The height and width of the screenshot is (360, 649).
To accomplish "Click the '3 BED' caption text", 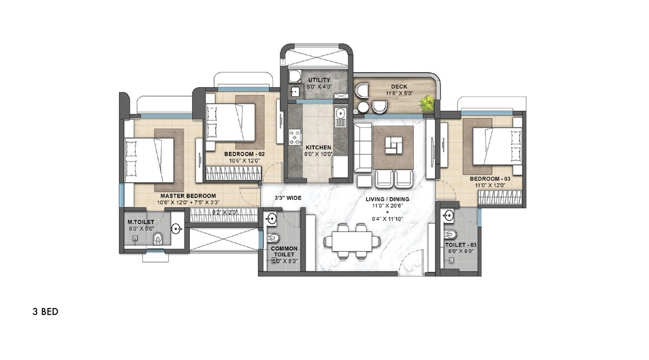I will tap(45, 312).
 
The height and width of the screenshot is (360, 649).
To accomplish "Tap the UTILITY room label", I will tap(319, 80).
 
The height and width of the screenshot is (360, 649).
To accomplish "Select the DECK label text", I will tap(399, 86).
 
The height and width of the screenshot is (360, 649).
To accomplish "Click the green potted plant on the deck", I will tap(428, 103).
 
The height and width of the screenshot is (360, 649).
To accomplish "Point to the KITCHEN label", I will tap(318, 147).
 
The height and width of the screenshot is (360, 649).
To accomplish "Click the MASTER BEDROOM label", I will tap(188, 196).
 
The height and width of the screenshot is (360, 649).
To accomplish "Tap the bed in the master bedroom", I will tap(150, 160).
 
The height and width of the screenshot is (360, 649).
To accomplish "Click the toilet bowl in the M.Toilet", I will tap(157, 238).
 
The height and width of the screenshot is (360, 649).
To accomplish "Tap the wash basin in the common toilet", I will tap(271, 219).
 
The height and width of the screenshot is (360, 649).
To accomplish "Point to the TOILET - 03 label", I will tap(461, 244).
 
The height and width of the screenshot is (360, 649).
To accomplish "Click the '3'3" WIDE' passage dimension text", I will tap(287, 198).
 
